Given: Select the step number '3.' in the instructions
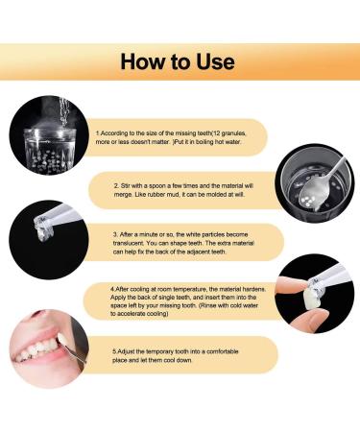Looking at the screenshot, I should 114,232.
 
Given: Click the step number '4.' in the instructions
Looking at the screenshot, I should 111,286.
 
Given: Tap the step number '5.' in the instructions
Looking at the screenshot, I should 113,351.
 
